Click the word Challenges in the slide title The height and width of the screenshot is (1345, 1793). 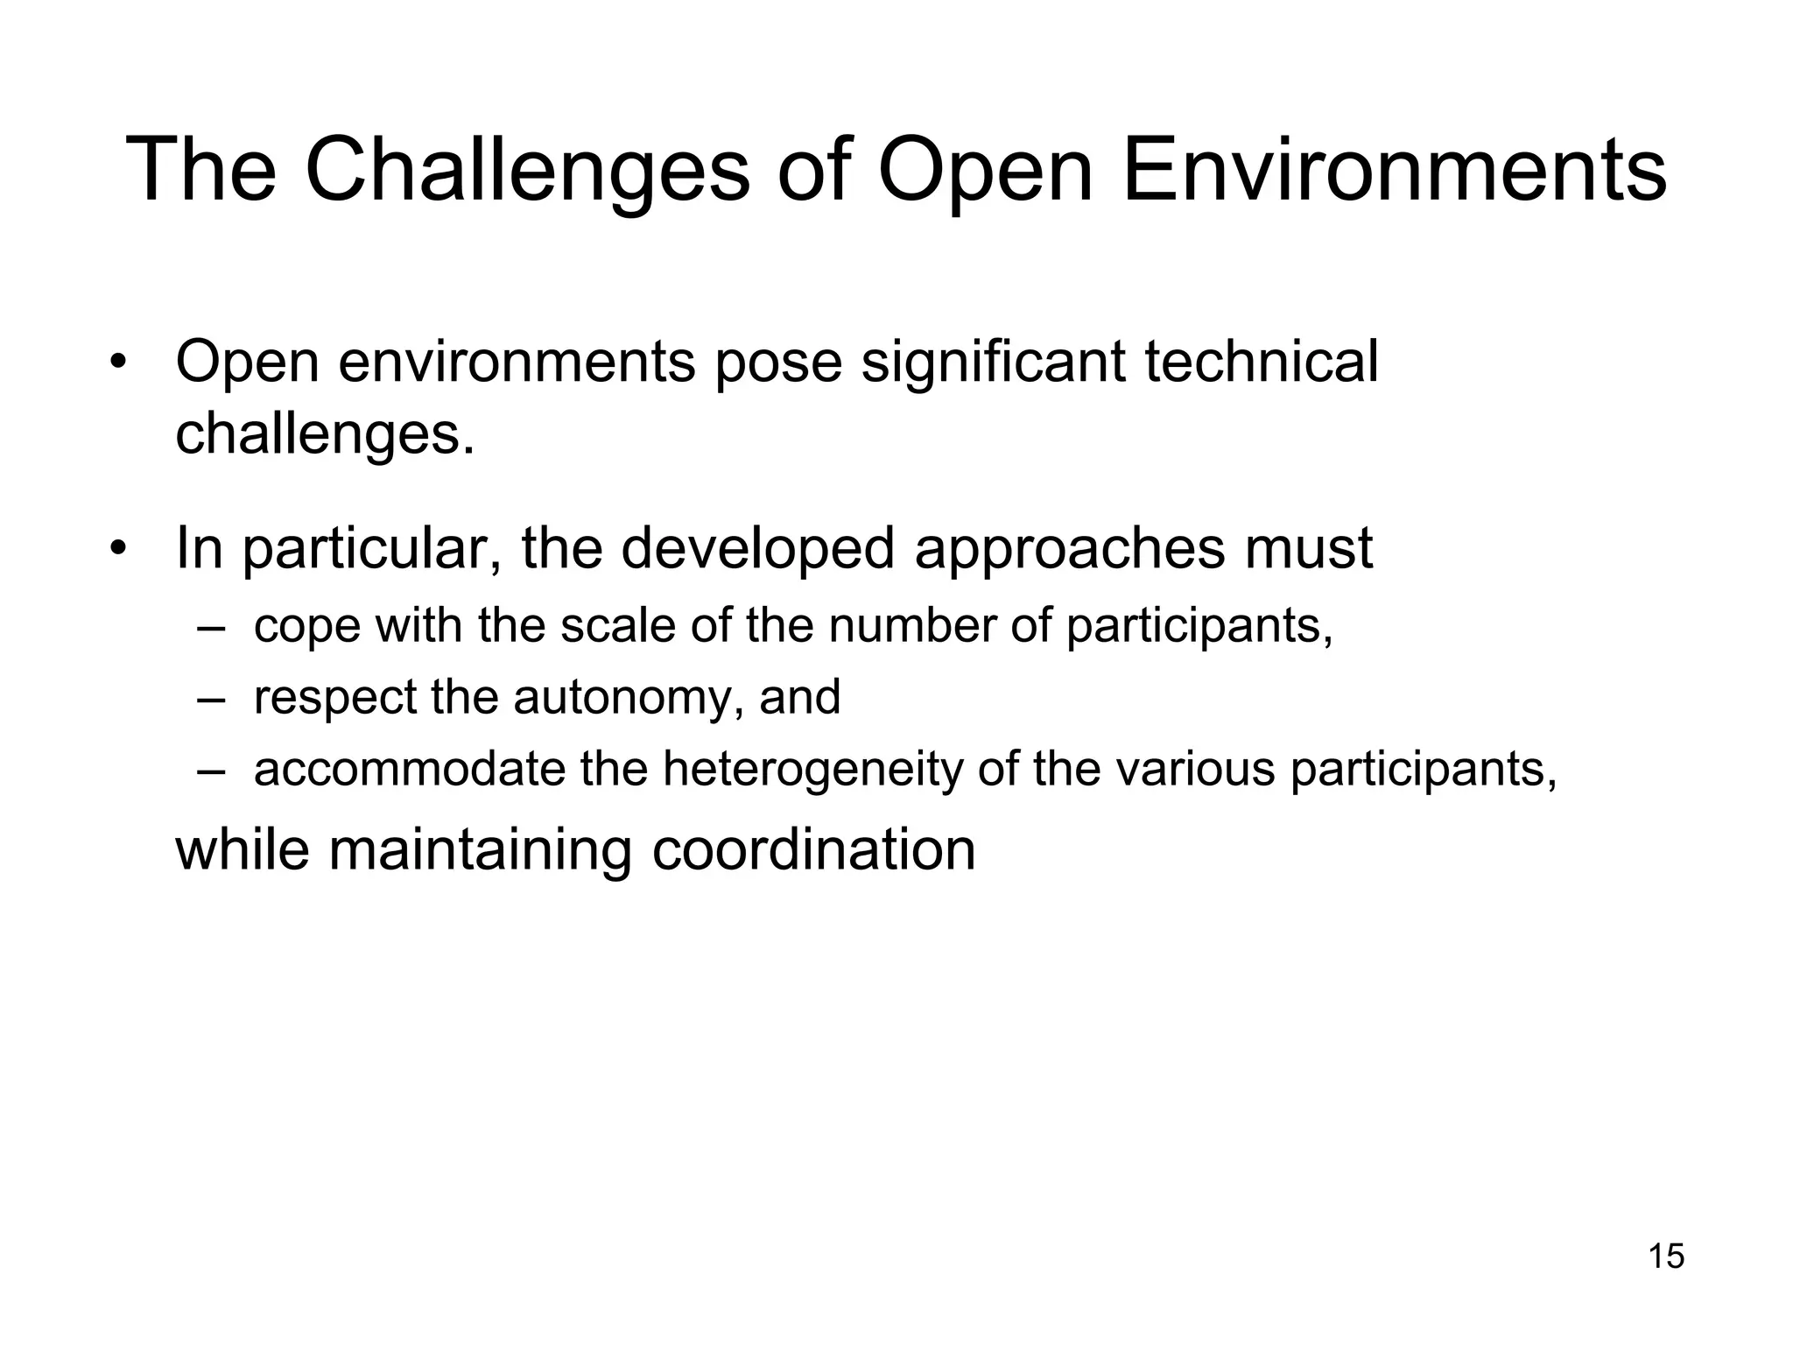coord(527,171)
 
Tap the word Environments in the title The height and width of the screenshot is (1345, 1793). coord(1394,171)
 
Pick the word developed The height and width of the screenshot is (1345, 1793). coord(758,549)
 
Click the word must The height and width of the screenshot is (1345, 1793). coord(1305,549)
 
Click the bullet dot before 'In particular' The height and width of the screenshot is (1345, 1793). coord(119,549)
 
